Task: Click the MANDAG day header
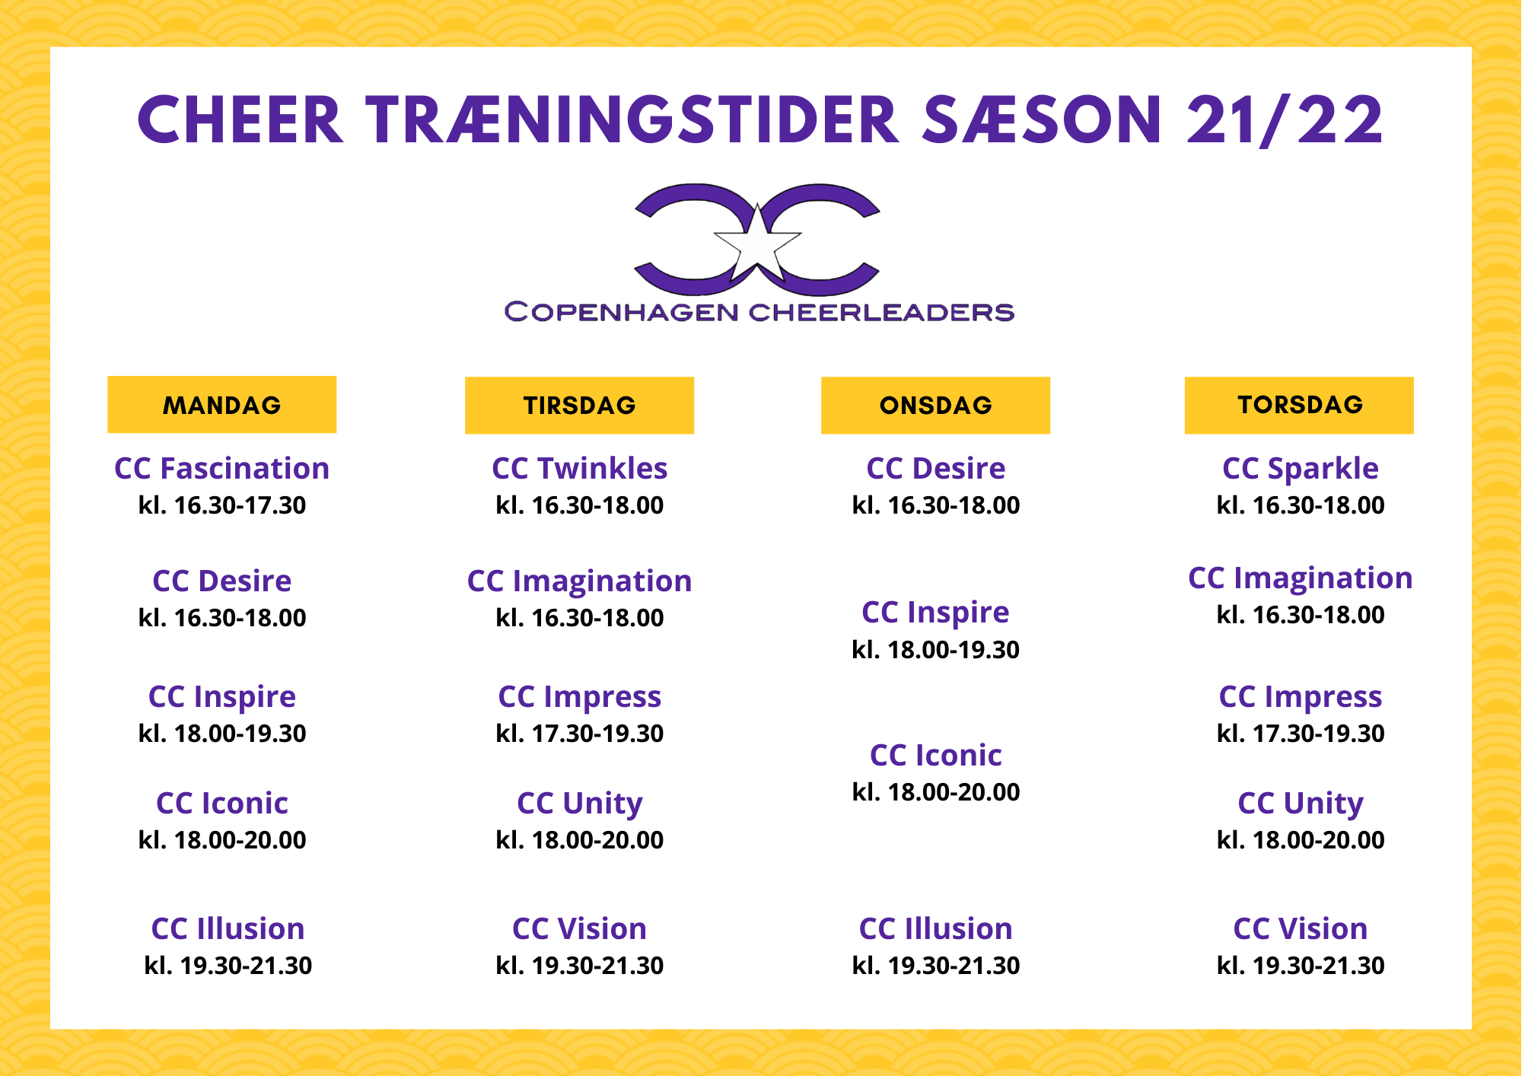point(221,404)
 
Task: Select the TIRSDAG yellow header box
point(579,405)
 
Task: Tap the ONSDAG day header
point(935,405)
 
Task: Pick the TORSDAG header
point(1299,405)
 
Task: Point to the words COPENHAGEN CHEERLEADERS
point(759,312)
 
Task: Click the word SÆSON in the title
point(1042,120)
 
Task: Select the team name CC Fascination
point(221,468)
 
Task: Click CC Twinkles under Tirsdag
point(579,468)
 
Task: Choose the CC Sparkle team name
point(1300,469)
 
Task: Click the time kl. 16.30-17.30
point(221,505)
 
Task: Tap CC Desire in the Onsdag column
point(935,468)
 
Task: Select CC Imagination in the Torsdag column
point(1300,578)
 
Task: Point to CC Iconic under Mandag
point(221,803)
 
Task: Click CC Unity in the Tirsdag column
point(579,804)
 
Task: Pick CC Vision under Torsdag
point(1300,928)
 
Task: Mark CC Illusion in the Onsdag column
point(935,928)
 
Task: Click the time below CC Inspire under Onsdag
point(935,650)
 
